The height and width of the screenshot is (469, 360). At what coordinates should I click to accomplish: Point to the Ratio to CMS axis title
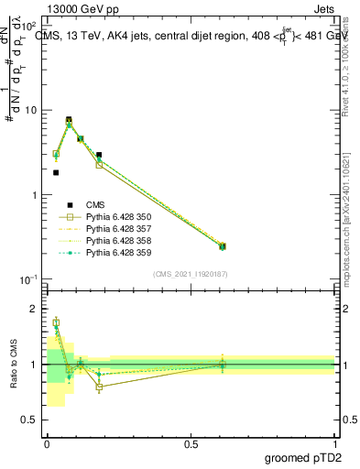coord(13,364)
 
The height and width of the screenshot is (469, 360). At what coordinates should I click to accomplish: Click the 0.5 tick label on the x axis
coord(191,443)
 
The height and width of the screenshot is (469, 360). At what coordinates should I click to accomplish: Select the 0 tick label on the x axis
coord(47,443)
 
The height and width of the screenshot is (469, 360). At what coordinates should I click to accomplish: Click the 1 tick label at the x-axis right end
coord(335,443)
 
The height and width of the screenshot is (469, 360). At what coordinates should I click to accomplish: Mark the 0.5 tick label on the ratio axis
coord(29,420)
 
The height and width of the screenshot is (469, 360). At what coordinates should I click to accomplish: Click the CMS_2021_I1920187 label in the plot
coord(191,273)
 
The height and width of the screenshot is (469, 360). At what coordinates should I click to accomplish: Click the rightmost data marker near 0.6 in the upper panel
coord(223,245)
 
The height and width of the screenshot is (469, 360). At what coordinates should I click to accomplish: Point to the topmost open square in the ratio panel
coord(56,322)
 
